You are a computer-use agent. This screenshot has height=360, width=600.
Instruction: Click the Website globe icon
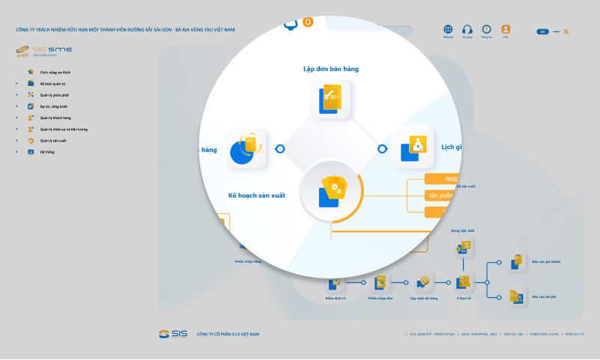click(448, 29)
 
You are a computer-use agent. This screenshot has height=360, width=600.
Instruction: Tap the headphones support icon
click(467, 29)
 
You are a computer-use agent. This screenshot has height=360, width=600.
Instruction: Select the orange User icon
click(506, 29)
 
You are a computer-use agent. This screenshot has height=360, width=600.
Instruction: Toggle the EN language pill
click(542, 31)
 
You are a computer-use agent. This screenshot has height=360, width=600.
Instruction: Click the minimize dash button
click(556, 31)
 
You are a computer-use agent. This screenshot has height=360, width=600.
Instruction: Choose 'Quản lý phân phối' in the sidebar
click(53, 95)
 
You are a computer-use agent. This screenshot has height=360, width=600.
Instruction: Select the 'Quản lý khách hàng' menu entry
click(55, 118)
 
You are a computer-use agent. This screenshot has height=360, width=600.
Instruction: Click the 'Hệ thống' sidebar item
click(47, 152)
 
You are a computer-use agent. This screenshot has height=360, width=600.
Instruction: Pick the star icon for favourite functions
click(31, 72)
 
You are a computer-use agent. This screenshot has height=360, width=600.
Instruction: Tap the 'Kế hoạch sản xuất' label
click(257, 195)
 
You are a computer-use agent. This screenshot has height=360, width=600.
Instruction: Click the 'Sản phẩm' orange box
click(442, 195)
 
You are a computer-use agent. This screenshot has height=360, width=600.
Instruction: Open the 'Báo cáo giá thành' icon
click(517, 261)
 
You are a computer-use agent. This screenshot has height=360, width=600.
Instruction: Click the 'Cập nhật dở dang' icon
click(424, 282)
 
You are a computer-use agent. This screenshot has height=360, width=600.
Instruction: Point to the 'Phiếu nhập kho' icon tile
click(381, 282)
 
